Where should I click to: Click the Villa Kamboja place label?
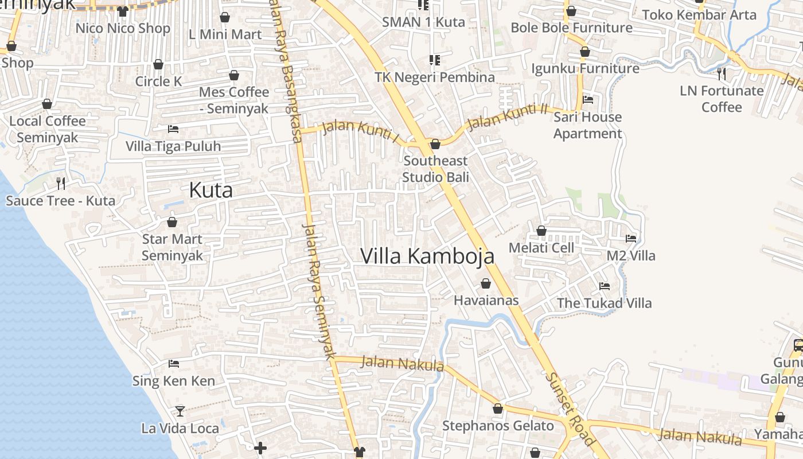[427, 256]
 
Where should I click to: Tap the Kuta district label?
[211, 190]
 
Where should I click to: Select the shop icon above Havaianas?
[486, 283]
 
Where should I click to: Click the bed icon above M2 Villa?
[631, 239]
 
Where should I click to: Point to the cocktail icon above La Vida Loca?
[180, 411]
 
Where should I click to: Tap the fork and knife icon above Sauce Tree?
[61, 184]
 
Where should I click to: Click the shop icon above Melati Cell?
[541, 231]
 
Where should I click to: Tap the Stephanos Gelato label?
[498, 426]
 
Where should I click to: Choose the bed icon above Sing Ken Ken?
[174, 364]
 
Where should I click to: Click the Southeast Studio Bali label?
[435, 169]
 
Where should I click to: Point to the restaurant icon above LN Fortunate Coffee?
[722, 73]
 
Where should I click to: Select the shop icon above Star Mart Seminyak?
[172, 222]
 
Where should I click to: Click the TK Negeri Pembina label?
[435, 77]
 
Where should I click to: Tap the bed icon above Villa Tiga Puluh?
[173, 129]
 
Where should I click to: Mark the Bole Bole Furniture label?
[571, 28]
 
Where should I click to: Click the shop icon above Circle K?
[158, 64]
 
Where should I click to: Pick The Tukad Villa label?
[604, 303]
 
